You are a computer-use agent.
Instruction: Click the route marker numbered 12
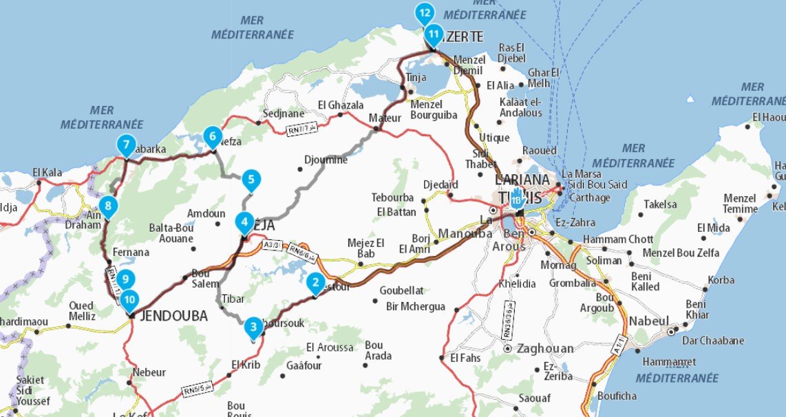coord(424,12)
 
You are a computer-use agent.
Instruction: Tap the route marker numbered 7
coord(125,145)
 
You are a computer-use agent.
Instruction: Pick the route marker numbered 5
coord(251,180)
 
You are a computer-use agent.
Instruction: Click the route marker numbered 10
coord(130,300)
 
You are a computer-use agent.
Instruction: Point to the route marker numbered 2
coord(315,282)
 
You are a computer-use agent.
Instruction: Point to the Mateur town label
coord(385,118)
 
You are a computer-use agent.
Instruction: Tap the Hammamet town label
coord(668,361)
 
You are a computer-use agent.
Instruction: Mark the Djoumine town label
coord(326,160)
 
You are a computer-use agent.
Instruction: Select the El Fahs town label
coord(466,359)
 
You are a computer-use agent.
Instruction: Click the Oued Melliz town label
coord(82,310)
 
